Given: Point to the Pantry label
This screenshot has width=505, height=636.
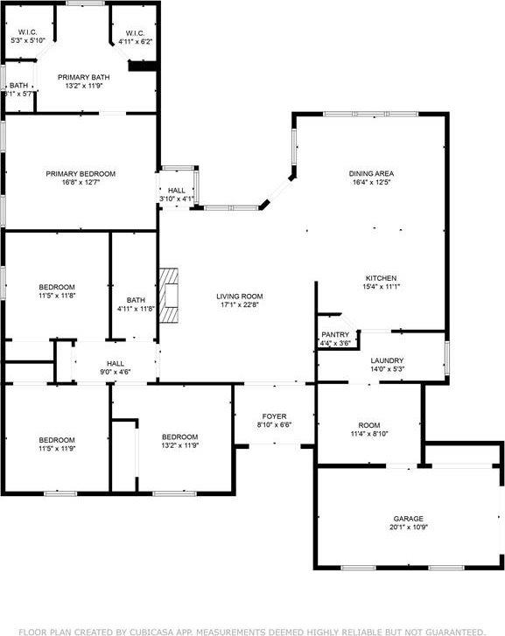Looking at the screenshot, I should (335, 334).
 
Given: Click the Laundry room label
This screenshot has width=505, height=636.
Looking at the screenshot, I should (387, 360).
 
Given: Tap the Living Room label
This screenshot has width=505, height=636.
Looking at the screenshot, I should (240, 297).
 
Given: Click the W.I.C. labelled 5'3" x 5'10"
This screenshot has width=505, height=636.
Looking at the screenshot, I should (27, 36).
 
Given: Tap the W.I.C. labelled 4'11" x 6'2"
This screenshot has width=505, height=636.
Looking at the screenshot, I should (136, 36).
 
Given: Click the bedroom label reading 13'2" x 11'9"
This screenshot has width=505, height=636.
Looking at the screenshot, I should (179, 442).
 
